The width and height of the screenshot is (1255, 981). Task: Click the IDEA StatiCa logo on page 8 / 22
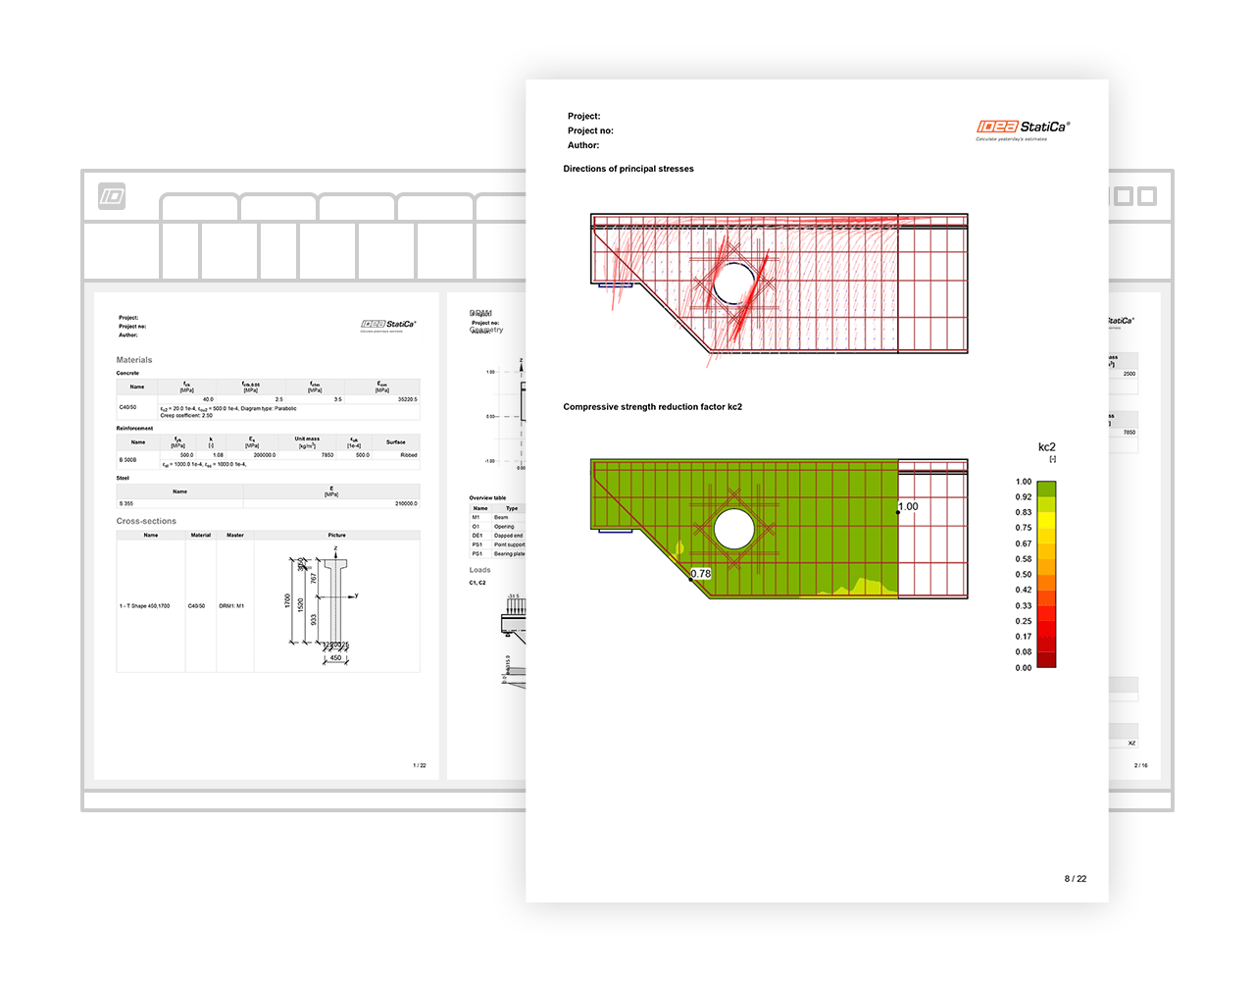(1023, 128)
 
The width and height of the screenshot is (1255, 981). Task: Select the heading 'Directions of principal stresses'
(627, 169)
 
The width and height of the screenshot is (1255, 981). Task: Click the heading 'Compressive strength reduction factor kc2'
(652, 407)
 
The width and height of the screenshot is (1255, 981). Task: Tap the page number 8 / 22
(1075, 879)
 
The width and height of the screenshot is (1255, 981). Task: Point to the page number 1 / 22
(420, 765)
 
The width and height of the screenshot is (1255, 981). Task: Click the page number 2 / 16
(1140, 765)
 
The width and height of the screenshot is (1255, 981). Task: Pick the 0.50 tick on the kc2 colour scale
(1024, 575)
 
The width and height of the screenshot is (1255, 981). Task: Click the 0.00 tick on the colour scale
(1024, 668)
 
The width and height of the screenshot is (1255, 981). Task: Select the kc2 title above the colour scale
(1046, 447)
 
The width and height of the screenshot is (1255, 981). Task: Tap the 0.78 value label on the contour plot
(700, 574)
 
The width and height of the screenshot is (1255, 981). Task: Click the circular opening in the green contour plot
(733, 530)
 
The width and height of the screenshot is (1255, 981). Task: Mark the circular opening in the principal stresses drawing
(733, 284)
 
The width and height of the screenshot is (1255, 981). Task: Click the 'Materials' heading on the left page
(134, 360)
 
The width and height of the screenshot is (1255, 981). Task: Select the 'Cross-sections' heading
(146, 521)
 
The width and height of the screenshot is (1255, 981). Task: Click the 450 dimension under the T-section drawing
(335, 658)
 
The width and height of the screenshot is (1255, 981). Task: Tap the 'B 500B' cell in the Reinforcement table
(128, 460)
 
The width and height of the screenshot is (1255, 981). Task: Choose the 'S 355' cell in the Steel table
(126, 503)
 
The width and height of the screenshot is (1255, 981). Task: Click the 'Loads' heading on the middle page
(479, 570)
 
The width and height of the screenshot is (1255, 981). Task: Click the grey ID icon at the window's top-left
(112, 196)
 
